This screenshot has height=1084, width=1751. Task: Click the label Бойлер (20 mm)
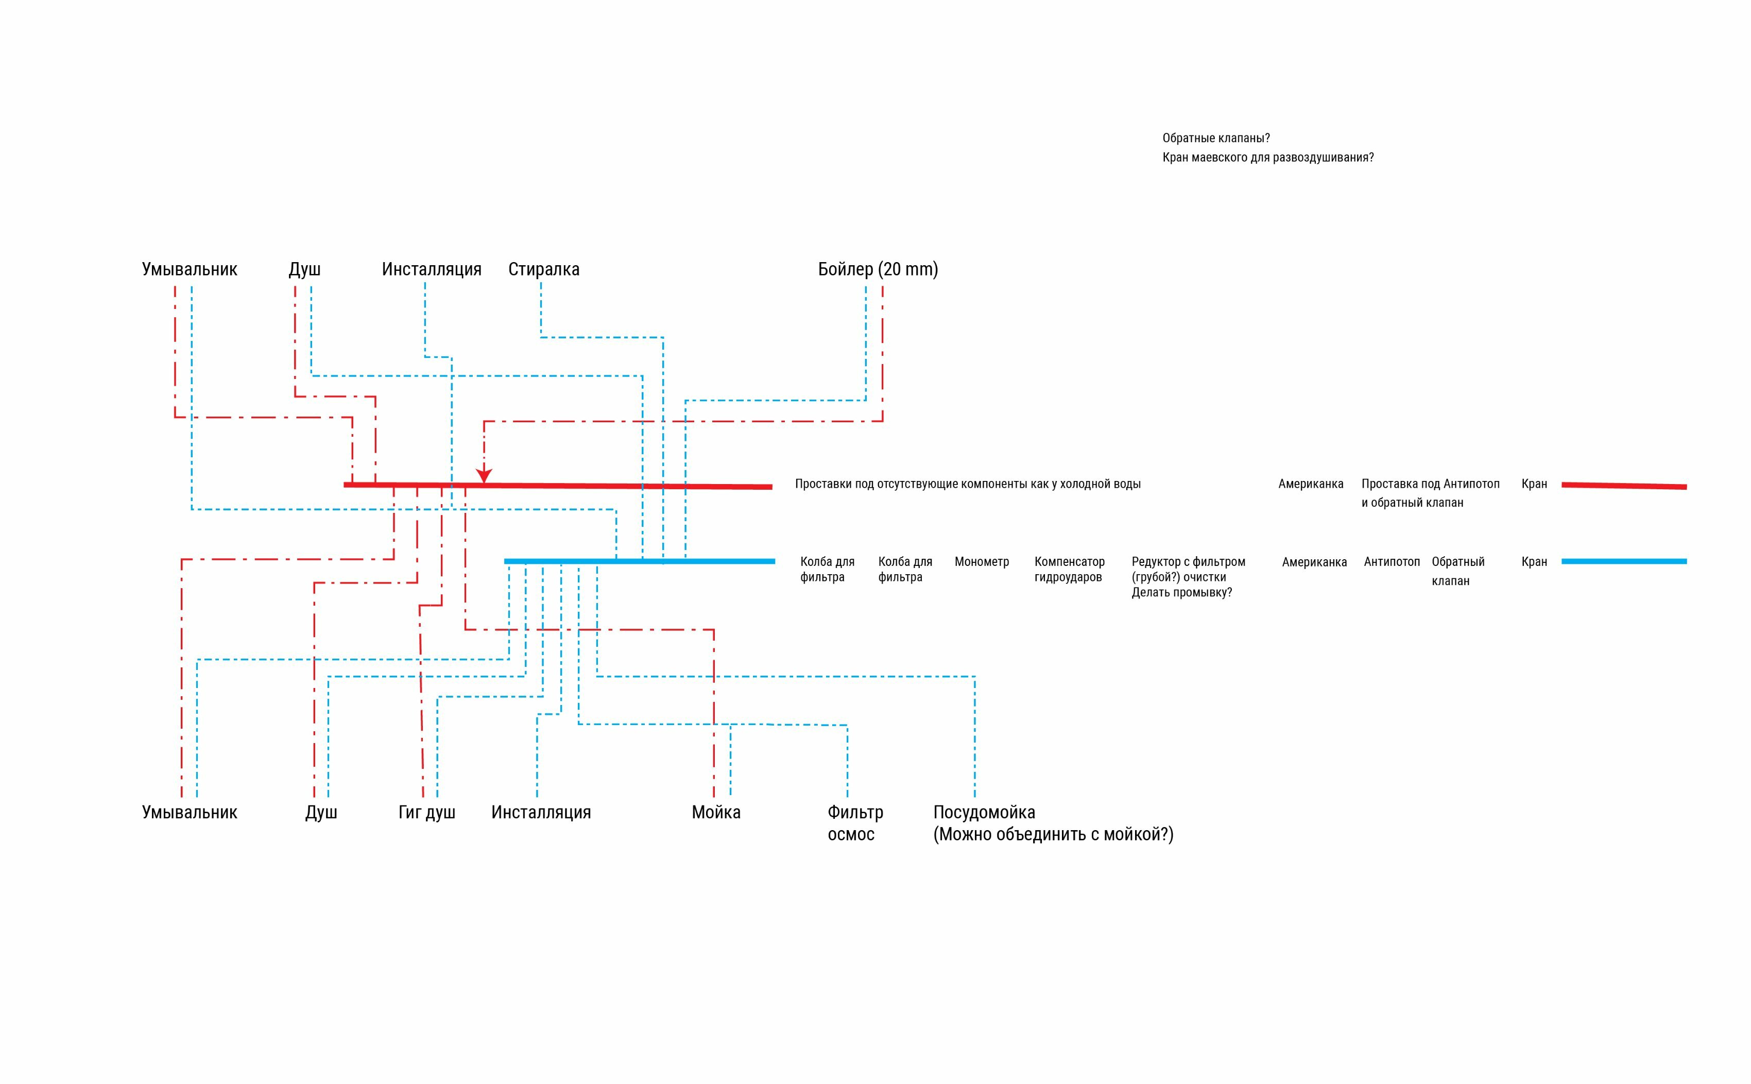tap(878, 269)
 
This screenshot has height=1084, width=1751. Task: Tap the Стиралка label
tap(543, 269)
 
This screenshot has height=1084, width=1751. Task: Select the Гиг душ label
tap(426, 812)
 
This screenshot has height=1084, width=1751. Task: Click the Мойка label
tap(716, 812)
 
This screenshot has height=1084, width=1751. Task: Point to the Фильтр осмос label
tap(855, 823)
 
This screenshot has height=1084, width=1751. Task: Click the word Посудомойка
tap(984, 812)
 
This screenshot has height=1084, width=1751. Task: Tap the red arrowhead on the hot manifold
tap(484, 475)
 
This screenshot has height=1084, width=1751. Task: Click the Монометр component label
tap(982, 562)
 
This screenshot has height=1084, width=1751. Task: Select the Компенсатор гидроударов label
tap(1069, 569)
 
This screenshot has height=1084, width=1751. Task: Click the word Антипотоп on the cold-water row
tap(1392, 562)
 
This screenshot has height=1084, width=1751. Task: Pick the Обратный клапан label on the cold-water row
tap(1458, 572)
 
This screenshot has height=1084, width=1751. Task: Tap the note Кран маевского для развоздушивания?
tap(1268, 158)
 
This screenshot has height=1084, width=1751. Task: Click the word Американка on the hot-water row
tap(1311, 484)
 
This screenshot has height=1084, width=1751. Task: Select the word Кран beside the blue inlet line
tap(1535, 562)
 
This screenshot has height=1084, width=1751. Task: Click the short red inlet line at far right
tap(1624, 486)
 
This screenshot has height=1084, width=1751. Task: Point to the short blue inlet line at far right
tap(1624, 561)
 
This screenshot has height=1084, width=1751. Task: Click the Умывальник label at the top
tap(190, 269)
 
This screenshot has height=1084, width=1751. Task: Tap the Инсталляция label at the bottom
tap(541, 812)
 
